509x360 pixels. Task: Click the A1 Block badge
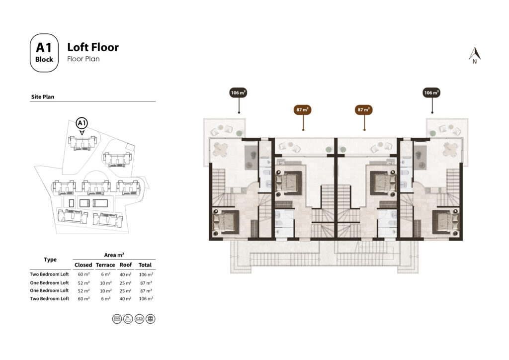44,53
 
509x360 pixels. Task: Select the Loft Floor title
93,47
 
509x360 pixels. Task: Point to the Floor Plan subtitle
83,59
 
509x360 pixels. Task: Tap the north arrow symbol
475,53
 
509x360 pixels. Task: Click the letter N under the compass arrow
475,62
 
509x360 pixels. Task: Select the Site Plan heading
43,97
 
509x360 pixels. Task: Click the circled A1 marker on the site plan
82,123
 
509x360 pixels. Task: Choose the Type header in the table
50,260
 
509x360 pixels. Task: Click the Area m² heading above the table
114,255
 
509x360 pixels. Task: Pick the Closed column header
84,265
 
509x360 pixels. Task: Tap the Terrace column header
105,265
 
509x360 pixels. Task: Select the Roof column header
126,265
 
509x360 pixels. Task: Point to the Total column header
146,265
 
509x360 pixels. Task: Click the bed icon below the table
117,318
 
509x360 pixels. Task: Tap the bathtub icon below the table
128,318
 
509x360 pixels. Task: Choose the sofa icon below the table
139,318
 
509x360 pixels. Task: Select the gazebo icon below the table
151,318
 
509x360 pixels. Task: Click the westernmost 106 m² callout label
239,92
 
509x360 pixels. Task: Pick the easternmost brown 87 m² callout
364,109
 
